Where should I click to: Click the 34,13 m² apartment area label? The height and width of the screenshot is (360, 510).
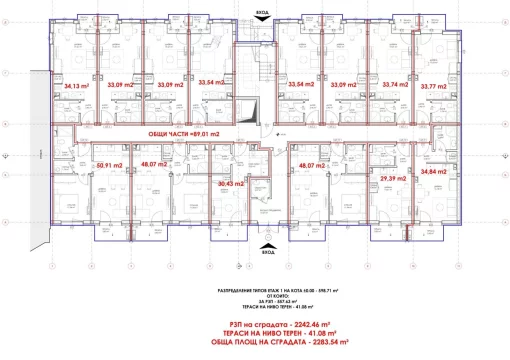tap(74, 86)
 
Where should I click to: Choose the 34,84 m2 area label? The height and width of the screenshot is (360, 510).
tap(435, 171)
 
